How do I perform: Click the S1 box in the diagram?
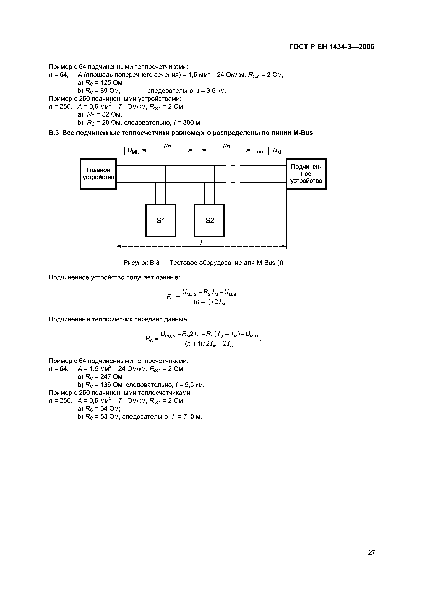click(x=160, y=220)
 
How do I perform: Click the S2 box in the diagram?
click(x=209, y=220)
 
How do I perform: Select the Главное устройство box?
click(x=98, y=174)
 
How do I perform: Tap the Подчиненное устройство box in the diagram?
click(x=306, y=174)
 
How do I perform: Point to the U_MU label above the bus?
click(x=133, y=151)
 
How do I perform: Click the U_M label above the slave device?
click(x=277, y=151)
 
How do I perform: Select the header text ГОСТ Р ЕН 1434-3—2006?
click(x=331, y=47)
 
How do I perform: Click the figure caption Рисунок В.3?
click(x=142, y=263)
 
